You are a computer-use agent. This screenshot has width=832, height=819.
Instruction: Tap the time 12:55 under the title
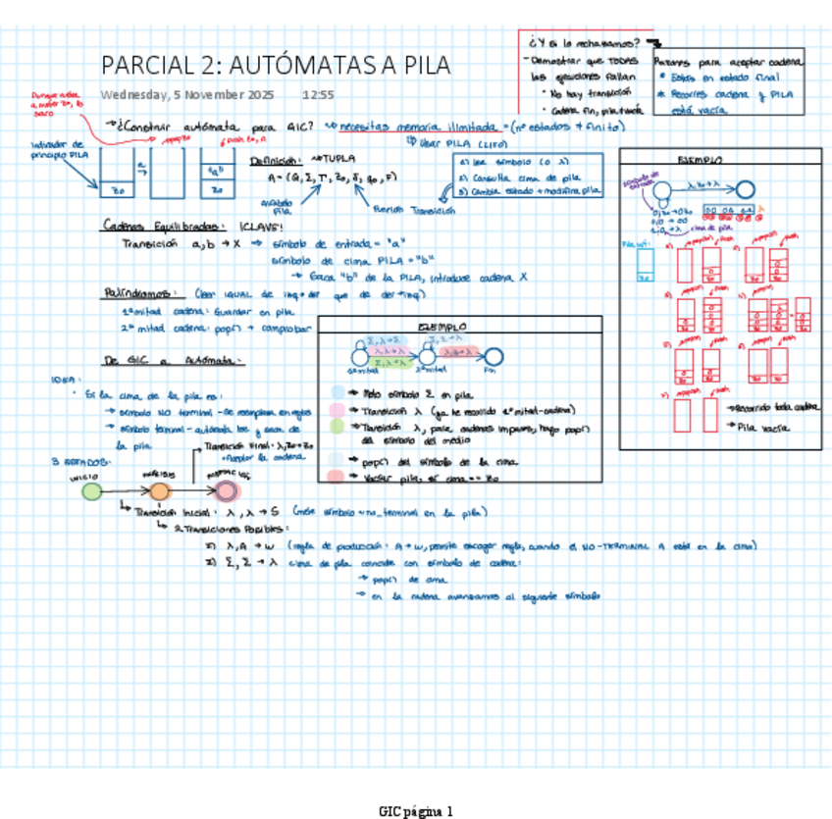[x=318, y=95]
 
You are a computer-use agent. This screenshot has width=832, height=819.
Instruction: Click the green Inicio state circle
[x=92, y=491]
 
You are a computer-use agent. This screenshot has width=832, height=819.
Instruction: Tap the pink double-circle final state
[x=227, y=491]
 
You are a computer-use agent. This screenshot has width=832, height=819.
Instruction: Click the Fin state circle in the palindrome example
[x=494, y=357]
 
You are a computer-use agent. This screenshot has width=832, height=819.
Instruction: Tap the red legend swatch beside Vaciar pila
[x=336, y=476]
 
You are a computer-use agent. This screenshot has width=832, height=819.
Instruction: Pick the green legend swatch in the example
[x=336, y=427]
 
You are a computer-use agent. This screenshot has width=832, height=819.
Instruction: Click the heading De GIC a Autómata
[x=173, y=360]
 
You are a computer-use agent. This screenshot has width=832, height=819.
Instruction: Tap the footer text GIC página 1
[x=415, y=811]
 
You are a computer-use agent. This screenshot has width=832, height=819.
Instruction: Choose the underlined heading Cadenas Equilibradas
[x=163, y=226]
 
